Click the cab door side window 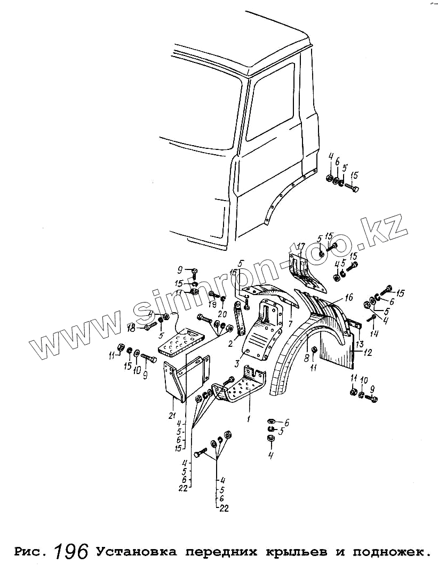coord(269,107)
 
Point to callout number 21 coord(171,416)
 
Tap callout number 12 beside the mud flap coord(368,352)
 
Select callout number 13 coord(360,343)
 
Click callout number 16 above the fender coord(349,297)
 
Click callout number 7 coord(289,324)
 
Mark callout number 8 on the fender coord(307,357)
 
